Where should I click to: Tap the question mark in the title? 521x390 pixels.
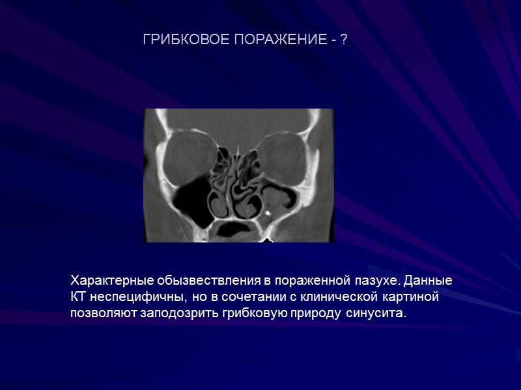(343, 41)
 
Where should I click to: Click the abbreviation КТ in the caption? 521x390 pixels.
(77, 298)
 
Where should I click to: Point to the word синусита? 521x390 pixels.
(375, 315)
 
